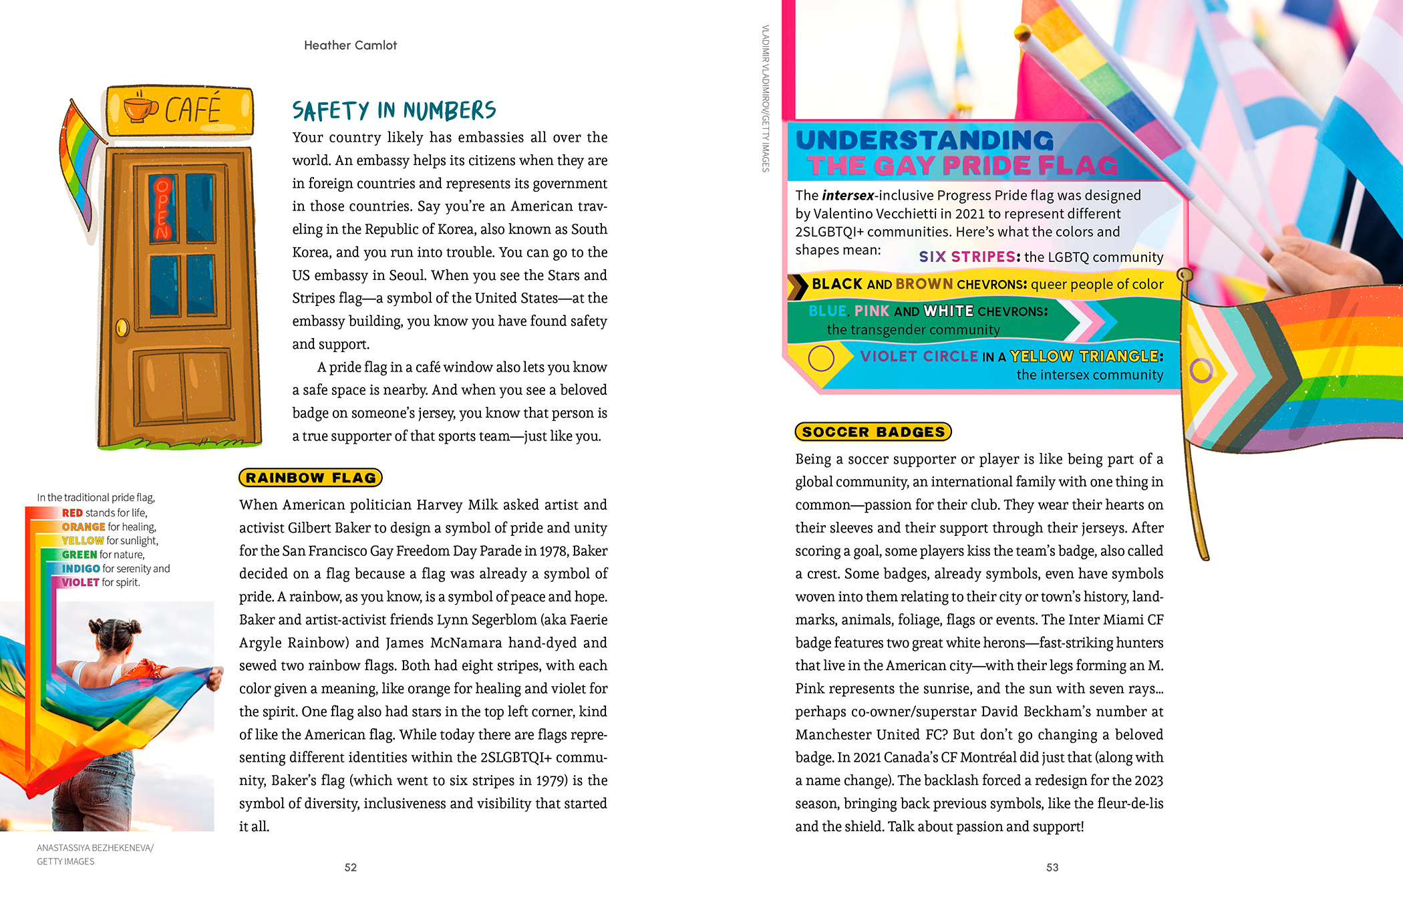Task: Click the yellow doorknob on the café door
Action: click(122, 327)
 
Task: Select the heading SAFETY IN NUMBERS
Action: click(394, 111)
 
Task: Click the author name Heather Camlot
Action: click(350, 45)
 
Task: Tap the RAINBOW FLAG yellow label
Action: click(311, 478)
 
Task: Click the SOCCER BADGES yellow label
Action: click(873, 432)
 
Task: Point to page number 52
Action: click(351, 867)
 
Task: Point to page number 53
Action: click(1052, 867)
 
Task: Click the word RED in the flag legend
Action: click(72, 513)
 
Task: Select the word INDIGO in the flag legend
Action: click(81, 569)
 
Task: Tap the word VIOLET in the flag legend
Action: click(80, 583)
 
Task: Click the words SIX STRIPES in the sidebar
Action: click(969, 257)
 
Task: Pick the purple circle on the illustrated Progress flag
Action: click(1201, 369)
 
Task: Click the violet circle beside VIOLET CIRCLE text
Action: click(821, 359)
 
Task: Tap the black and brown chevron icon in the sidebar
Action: click(798, 286)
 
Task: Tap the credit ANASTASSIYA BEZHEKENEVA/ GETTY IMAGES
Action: click(95, 855)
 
